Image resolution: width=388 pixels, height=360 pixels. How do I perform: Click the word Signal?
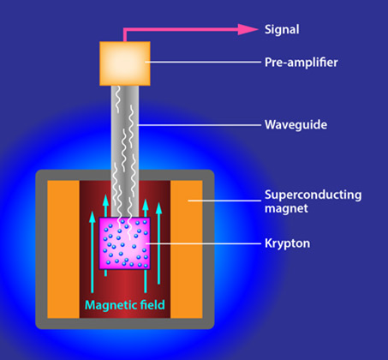tap(282, 29)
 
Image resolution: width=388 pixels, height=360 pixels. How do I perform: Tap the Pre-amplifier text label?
tap(301, 63)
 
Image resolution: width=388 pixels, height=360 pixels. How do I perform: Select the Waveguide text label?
tap(295, 125)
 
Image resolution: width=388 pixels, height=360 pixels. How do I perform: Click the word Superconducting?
tap(313, 195)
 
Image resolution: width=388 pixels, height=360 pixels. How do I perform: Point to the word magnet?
tap(286, 208)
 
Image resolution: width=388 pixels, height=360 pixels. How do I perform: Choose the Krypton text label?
tap(287, 243)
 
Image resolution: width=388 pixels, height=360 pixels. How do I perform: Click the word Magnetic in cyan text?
tap(107, 305)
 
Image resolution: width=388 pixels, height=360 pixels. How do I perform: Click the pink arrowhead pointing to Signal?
tap(248, 29)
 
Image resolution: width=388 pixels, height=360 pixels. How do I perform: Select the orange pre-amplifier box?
tap(125, 63)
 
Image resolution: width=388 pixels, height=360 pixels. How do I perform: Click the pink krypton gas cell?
tap(124, 243)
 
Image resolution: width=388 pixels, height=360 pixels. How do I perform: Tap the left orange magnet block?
tap(63, 249)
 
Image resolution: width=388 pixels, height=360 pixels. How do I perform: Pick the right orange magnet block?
tap(187, 249)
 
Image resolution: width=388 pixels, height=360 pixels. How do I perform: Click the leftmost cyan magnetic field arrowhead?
tap(92, 217)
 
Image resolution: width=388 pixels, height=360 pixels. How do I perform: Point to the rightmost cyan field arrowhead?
tap(159, 208)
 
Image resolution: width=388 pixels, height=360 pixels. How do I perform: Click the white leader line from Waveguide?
tap(200, 125)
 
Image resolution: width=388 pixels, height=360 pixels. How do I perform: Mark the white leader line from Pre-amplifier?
tap(203, 62)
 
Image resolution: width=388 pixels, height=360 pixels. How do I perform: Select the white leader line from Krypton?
tap(204, 243)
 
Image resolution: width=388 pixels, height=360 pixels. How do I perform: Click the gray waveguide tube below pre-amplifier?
tap(125, 152)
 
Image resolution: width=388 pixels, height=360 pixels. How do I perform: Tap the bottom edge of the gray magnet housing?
tap(125, 324)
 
